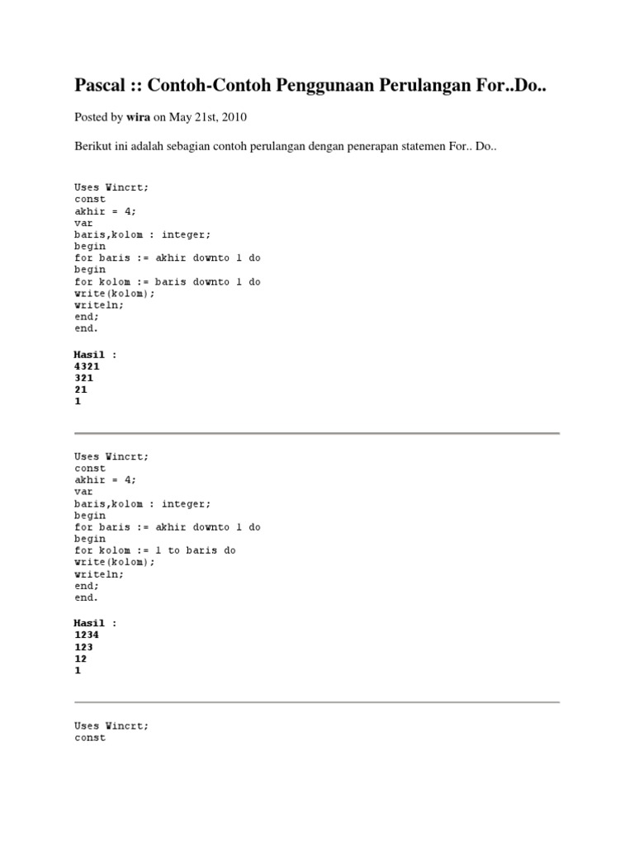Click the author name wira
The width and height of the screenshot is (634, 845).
[x=139, y=117]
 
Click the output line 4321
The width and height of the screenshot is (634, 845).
[x=88, y=366]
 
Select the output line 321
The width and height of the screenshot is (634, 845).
[x=84, y=377]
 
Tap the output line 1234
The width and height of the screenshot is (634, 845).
[x=88, y=635]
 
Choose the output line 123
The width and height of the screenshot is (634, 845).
[x=84, y=647]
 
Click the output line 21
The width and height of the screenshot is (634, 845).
[x=81, y=389]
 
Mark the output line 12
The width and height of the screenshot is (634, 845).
[x=81, y=659]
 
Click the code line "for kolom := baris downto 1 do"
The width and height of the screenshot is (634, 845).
[x=168, y=281]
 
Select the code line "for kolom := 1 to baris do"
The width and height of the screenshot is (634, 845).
[x=155, y=550]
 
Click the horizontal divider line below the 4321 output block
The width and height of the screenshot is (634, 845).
[x=317, y=432]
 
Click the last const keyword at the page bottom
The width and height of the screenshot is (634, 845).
[x=90, y=738]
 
